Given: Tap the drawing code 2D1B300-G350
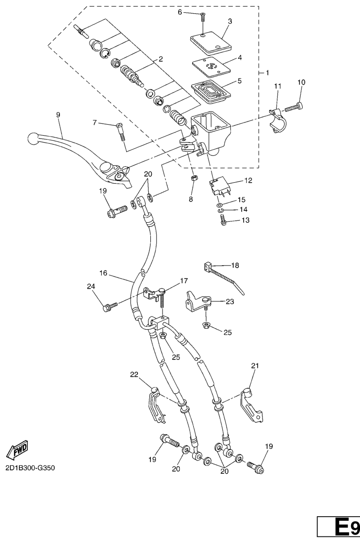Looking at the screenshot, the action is (x=30, y=468).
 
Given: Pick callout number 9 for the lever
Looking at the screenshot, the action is (x=58, y=114).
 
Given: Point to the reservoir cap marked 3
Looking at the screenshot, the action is (x=210, y=43).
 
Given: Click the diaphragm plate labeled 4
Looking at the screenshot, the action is (x=212, y=67).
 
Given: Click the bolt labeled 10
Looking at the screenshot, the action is (x=294, y=107).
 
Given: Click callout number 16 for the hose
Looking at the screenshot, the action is (x=103, y=273).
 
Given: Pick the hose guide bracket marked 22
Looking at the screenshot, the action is (x=155, y=404).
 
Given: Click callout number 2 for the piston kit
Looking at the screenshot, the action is (x=160, y=59).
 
